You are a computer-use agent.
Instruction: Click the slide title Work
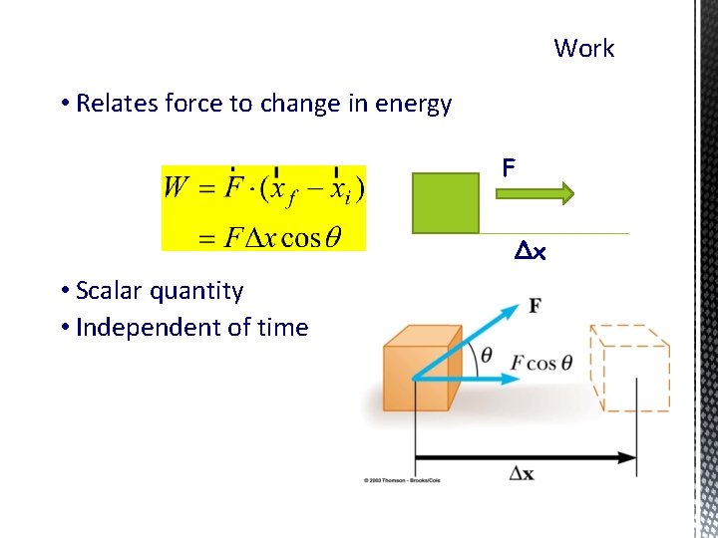[x=583, y=48]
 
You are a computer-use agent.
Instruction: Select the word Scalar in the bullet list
[x=110, y=291]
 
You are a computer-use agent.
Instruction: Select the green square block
[x=445, y=202]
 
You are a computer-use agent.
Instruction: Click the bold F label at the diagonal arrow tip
[x=536, y=305]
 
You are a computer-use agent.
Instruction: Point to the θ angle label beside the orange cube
[x=486, y=356]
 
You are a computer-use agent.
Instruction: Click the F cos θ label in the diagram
[x=541, y=363]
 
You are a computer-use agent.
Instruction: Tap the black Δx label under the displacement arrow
[x=521, y=474]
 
